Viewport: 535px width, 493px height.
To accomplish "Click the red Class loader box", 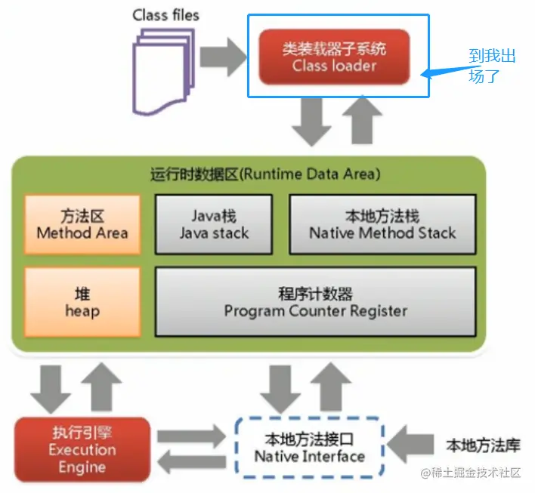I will point(334,57).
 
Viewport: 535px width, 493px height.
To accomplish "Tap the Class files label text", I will point(166,14).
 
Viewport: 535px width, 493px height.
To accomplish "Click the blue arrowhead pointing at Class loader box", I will point(426,74).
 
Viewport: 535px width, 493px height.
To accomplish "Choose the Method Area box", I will point(82,224).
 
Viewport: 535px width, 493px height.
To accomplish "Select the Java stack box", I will point(214,224).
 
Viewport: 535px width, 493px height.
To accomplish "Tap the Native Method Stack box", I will point(382,224).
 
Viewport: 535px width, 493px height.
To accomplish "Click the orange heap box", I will point(82,301).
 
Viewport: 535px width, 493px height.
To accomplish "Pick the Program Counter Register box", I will point(315,301).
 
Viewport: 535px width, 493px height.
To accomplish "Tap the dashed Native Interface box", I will point(309,447).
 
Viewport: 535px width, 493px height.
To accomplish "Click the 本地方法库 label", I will point(483,444).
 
